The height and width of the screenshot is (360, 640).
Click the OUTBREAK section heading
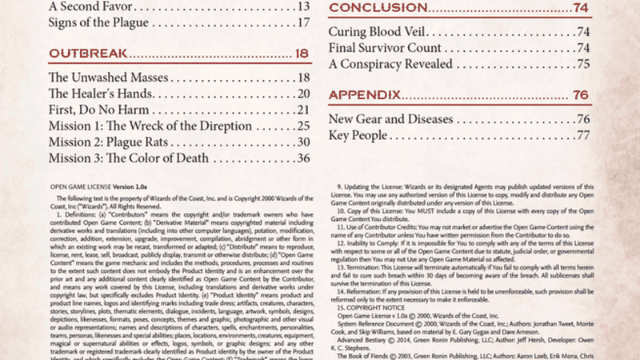[88, 54]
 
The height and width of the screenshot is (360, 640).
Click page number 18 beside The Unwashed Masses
[303, 78]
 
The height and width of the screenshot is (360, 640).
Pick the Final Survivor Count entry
[389, 48]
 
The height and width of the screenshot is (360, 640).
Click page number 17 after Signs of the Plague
[303, 22]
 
